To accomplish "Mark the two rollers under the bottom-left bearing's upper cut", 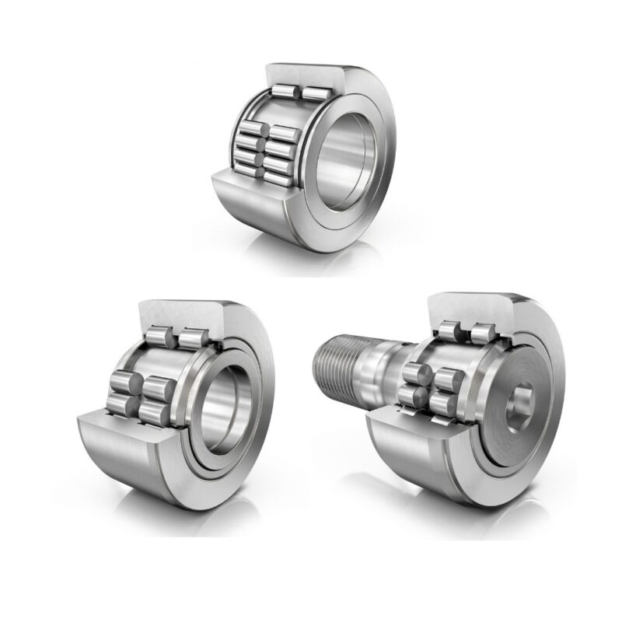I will [175, 338].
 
